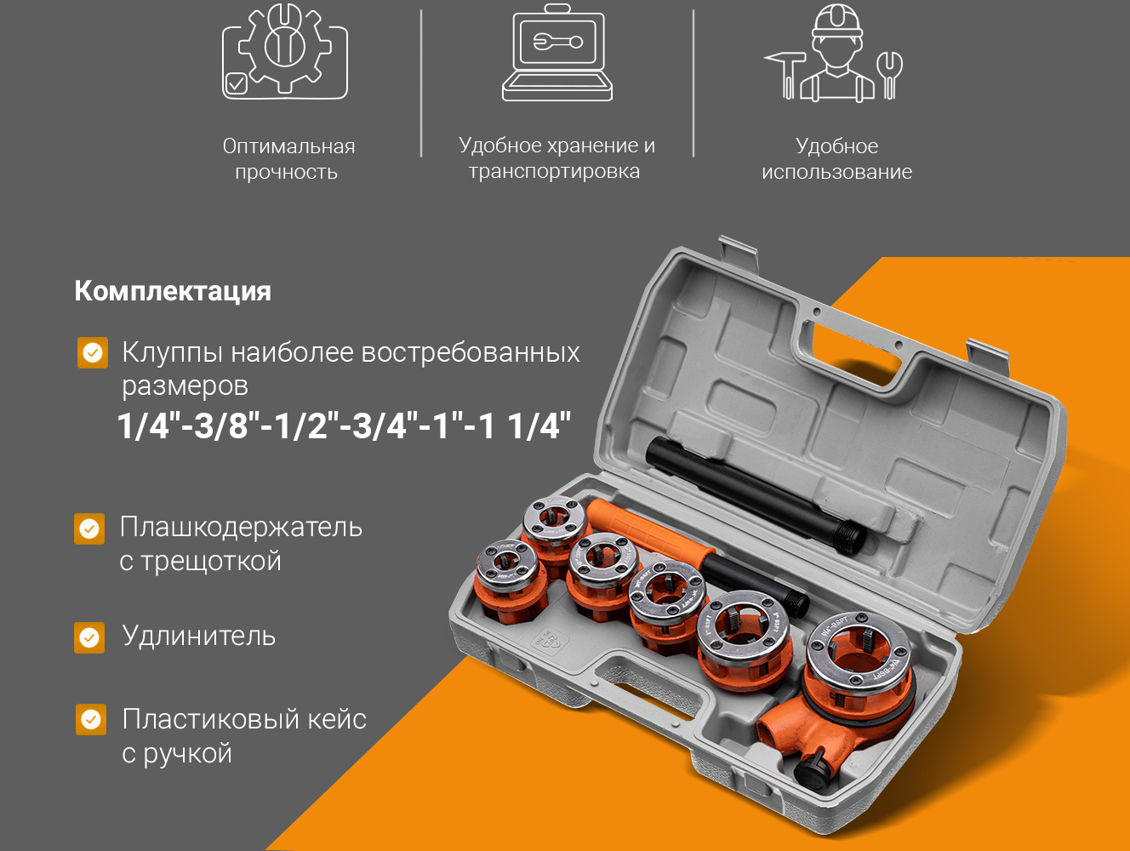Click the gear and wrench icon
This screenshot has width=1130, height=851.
tap(285, 50)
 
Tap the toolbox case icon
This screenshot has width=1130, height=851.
tap(557, 52)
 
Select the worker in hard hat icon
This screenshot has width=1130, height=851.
tap(834, 53)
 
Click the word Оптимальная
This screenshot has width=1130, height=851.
tap(288, 146)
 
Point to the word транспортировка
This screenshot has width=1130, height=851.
tap(555, 171)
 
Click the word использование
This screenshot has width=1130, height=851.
tap(836, 172)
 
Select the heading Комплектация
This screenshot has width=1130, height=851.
tap(173, 291)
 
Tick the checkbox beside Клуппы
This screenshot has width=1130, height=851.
tap(93, 352)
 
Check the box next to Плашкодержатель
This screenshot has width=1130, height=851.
tap(89, 528)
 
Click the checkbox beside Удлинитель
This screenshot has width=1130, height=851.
tap(89, 638)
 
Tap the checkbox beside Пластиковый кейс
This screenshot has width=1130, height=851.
tap(90, 720)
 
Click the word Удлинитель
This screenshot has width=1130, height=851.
tap(199, 636)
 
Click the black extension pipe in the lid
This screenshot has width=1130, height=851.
tap(755, 494)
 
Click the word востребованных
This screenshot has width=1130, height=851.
tap(470, 353)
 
